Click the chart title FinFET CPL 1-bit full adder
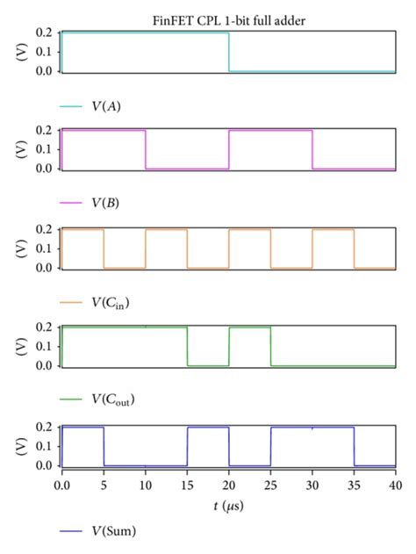(227, 20)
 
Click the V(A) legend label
(107, 106)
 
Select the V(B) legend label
(106, 203)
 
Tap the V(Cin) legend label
(111, 303)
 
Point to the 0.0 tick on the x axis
(61, 484)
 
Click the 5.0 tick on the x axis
(104, 484)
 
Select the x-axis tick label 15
(187, 484)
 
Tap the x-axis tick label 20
(229, 484)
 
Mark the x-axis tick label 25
(270, 484)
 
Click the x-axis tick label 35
(354, 484)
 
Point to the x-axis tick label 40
(395, 484)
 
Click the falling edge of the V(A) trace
(229, 53)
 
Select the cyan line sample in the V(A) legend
(71, 106)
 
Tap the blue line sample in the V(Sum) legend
(71, 530)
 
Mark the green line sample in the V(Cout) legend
(71, 400)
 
